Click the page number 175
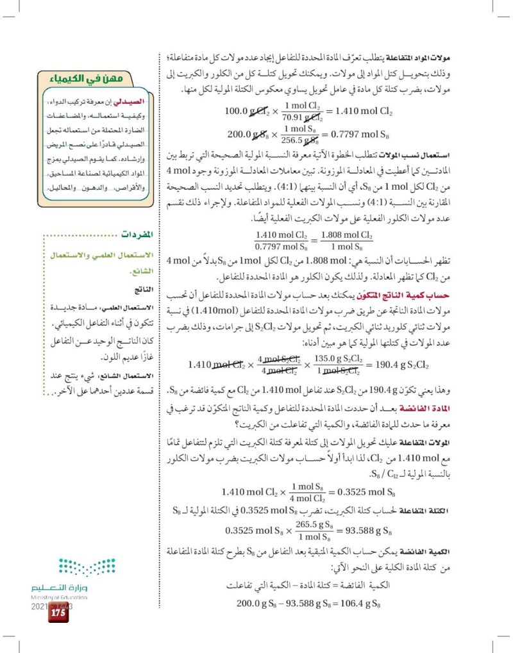coord(56,613)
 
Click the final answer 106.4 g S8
coord(349,603)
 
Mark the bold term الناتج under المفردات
coord(140,289)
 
